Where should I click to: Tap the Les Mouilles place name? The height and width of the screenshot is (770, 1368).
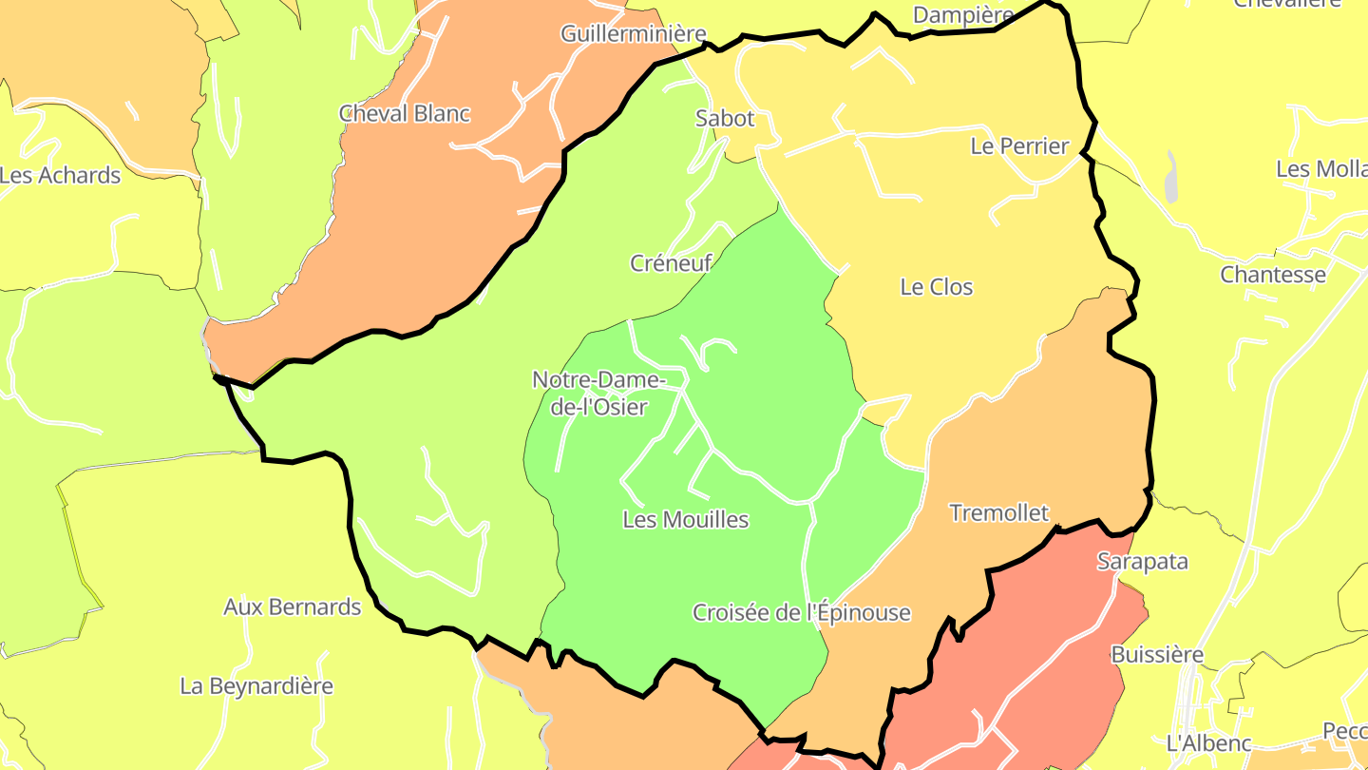pos(686,520)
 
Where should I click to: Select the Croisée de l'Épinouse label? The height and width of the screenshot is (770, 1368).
pos(801,613)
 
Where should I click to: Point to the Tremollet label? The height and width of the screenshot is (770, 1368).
pos(999,513)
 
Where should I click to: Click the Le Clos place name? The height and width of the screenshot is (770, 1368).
pos(937,287)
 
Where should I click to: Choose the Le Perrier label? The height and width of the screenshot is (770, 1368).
pos(1019,146)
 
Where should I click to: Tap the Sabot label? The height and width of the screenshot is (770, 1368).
pos(725,119)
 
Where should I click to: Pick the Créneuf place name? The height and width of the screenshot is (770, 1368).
pos(671,263)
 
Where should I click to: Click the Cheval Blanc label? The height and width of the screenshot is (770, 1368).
pos(405,113)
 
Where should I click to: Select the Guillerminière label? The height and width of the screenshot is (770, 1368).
pos(634,34)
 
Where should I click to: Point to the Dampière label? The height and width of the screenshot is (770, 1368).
pos(963,15)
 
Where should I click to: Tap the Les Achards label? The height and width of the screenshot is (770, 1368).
pos(61,176)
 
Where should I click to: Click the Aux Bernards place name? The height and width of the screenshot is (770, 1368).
pos(293,606)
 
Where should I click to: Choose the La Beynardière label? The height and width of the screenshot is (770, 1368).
pos(256,686)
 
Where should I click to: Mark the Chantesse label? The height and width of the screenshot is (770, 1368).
pos(1273,275)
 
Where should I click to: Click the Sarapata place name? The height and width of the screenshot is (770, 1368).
pos(1143,561)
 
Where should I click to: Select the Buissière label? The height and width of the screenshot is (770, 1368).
pos(1157,655)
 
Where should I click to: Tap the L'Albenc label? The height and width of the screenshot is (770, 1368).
pos(1208,743)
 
